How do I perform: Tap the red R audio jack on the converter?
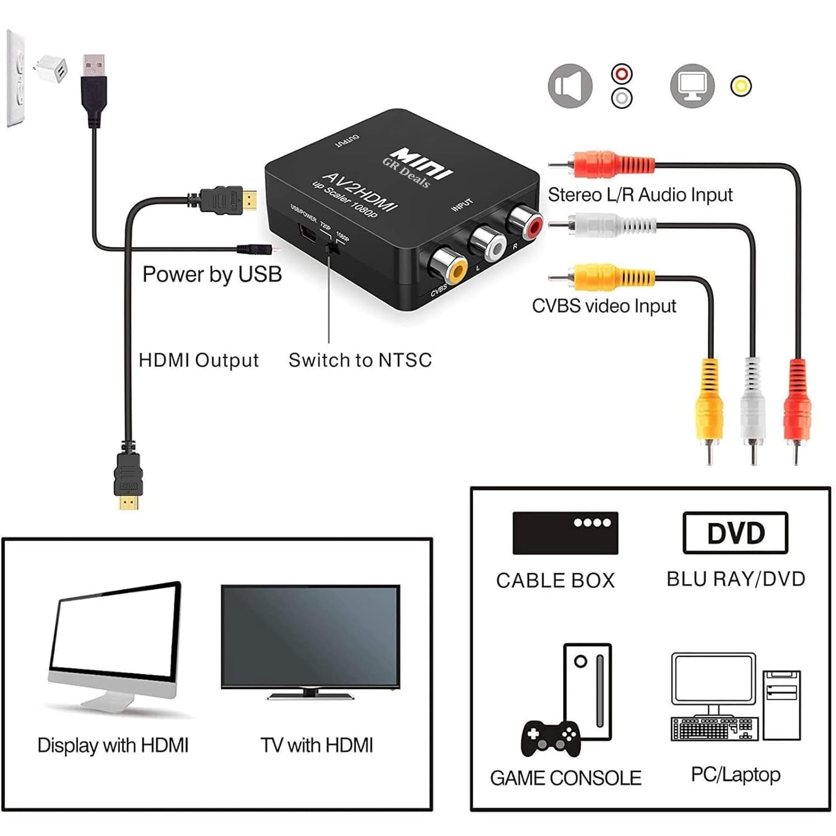(x=527, y=223)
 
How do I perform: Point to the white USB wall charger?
(x=51, y=70)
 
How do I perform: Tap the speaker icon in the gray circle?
(x=570, y=86)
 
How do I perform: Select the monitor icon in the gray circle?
(x=692, y=86)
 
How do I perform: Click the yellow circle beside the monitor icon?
(x=741, y=86)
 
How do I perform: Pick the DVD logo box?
(x=735, y=533)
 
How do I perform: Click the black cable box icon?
(x=565, y=533)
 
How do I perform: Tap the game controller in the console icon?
(x=550, y=738)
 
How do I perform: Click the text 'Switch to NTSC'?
(x=360, y=360)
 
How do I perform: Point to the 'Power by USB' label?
(x=212, y=274)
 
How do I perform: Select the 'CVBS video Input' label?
(x=604, y=306)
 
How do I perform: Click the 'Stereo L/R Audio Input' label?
(x=640, y=195)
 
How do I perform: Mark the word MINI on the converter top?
(x=422, y=163)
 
